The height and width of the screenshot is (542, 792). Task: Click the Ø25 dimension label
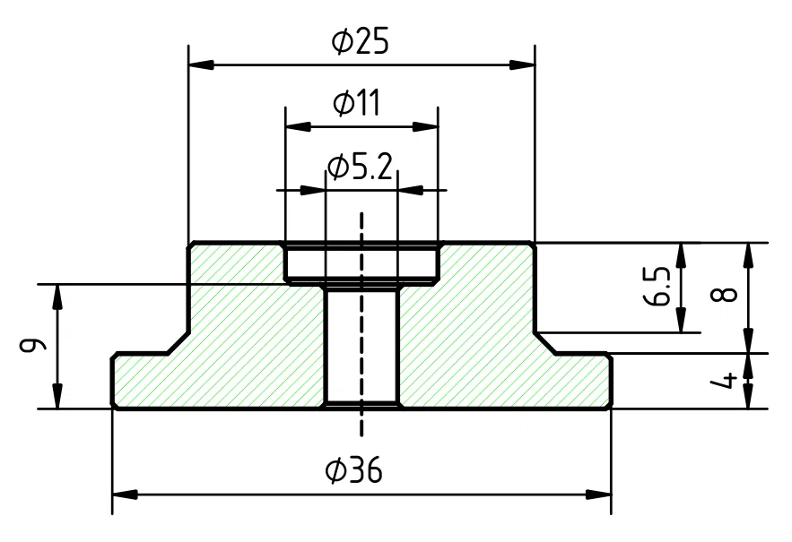click(361, 42)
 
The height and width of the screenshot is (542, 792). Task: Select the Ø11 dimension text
click(356, 104)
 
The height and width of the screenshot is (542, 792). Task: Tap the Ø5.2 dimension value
click(360, 167)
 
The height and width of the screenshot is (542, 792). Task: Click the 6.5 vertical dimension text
click(657, 286)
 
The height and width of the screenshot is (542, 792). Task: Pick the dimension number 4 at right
click(729, 380)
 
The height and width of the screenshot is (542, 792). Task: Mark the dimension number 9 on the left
click(34, 345)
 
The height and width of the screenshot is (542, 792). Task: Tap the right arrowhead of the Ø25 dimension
click(521, 65)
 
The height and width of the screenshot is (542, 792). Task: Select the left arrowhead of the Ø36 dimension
click(126, 494)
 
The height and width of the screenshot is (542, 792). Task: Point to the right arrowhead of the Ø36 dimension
click(597, 494)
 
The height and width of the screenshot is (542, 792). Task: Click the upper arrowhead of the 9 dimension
click(58, 296)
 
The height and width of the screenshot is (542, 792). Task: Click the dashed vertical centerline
click(361, 340)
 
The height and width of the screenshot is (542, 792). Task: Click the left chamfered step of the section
click(175, 343)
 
